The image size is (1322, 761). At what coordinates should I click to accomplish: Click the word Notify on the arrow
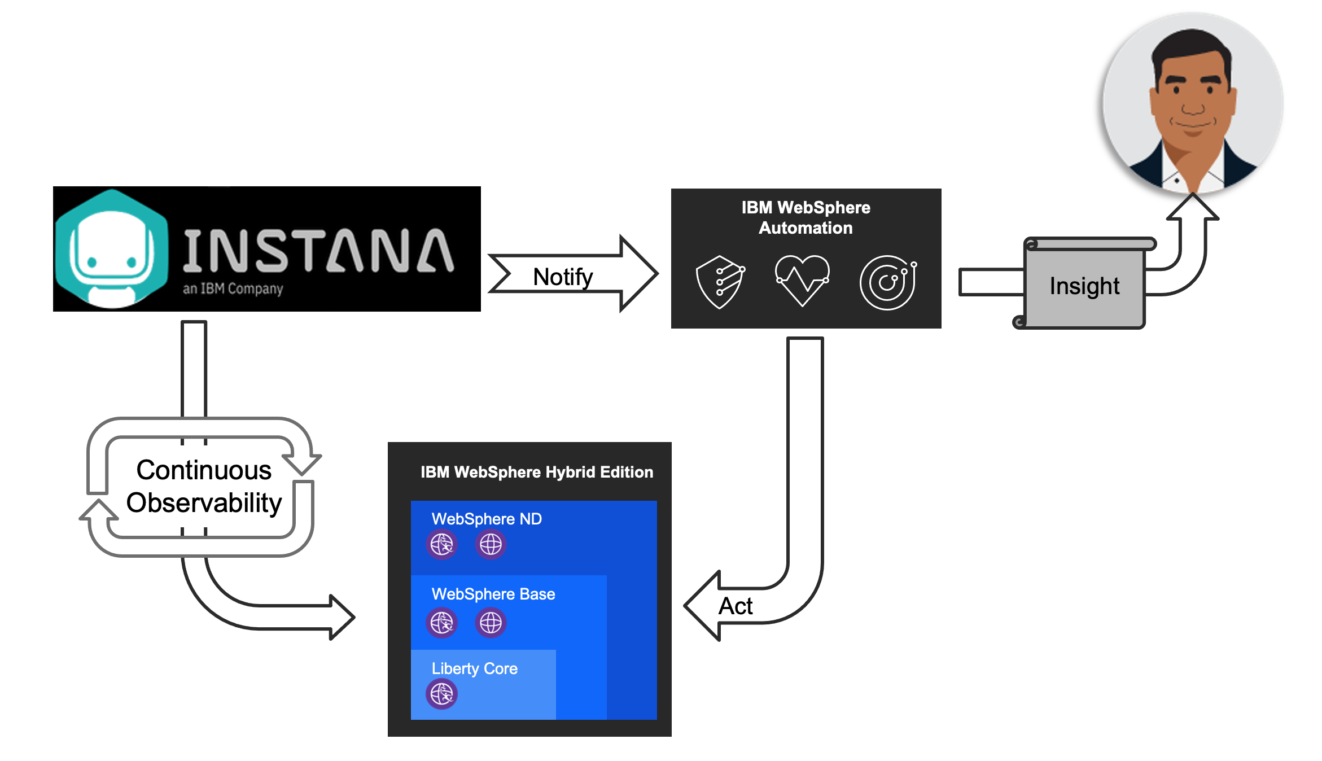pyautogui.click(x=563, y=277)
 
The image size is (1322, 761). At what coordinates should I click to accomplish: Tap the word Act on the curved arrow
pyautogui.click(x=735, y=606)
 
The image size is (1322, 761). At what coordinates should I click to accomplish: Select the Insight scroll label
pyautogui.click(x=1084, y=286)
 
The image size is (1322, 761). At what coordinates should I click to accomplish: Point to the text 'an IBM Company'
pyautogui.click(x=233, y=288)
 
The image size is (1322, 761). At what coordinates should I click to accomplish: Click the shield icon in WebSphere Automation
pyautogui.click(x=720, y=282)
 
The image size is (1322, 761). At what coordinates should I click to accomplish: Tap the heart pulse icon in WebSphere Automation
pyautogui.click(x=802, y=279)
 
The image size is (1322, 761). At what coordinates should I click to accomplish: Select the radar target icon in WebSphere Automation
pyautogui.click(x=888, y=282)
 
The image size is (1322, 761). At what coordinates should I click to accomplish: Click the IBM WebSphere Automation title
pyautogui.click(x=806, y=217)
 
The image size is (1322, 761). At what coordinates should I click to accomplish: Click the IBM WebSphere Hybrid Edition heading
pyautogui.click(x=536, y=472)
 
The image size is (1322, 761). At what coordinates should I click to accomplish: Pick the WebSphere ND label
pyautogui.click(x=487, y=519)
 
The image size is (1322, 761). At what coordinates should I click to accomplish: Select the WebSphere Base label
pyautogui.click(x=493, y=594)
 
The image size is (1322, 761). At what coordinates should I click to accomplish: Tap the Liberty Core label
pyautogui.click(x=474, y=668)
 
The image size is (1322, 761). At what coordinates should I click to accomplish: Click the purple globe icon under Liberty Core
pyautogui.click(x=441, y=694)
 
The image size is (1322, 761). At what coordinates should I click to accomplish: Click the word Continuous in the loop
pyautogui.click(x=204, y=470)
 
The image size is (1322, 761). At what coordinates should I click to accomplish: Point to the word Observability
pyautogui.click(x=204, y=502)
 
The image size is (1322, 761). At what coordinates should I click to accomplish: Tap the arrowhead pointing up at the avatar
pyautogui.click(x=1192, y=207)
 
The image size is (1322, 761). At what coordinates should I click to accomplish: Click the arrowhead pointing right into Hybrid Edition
pyautogui.click(x=342, y=617)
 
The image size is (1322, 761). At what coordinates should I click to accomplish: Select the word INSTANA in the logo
pyautogui.click(x=318, y=251)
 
